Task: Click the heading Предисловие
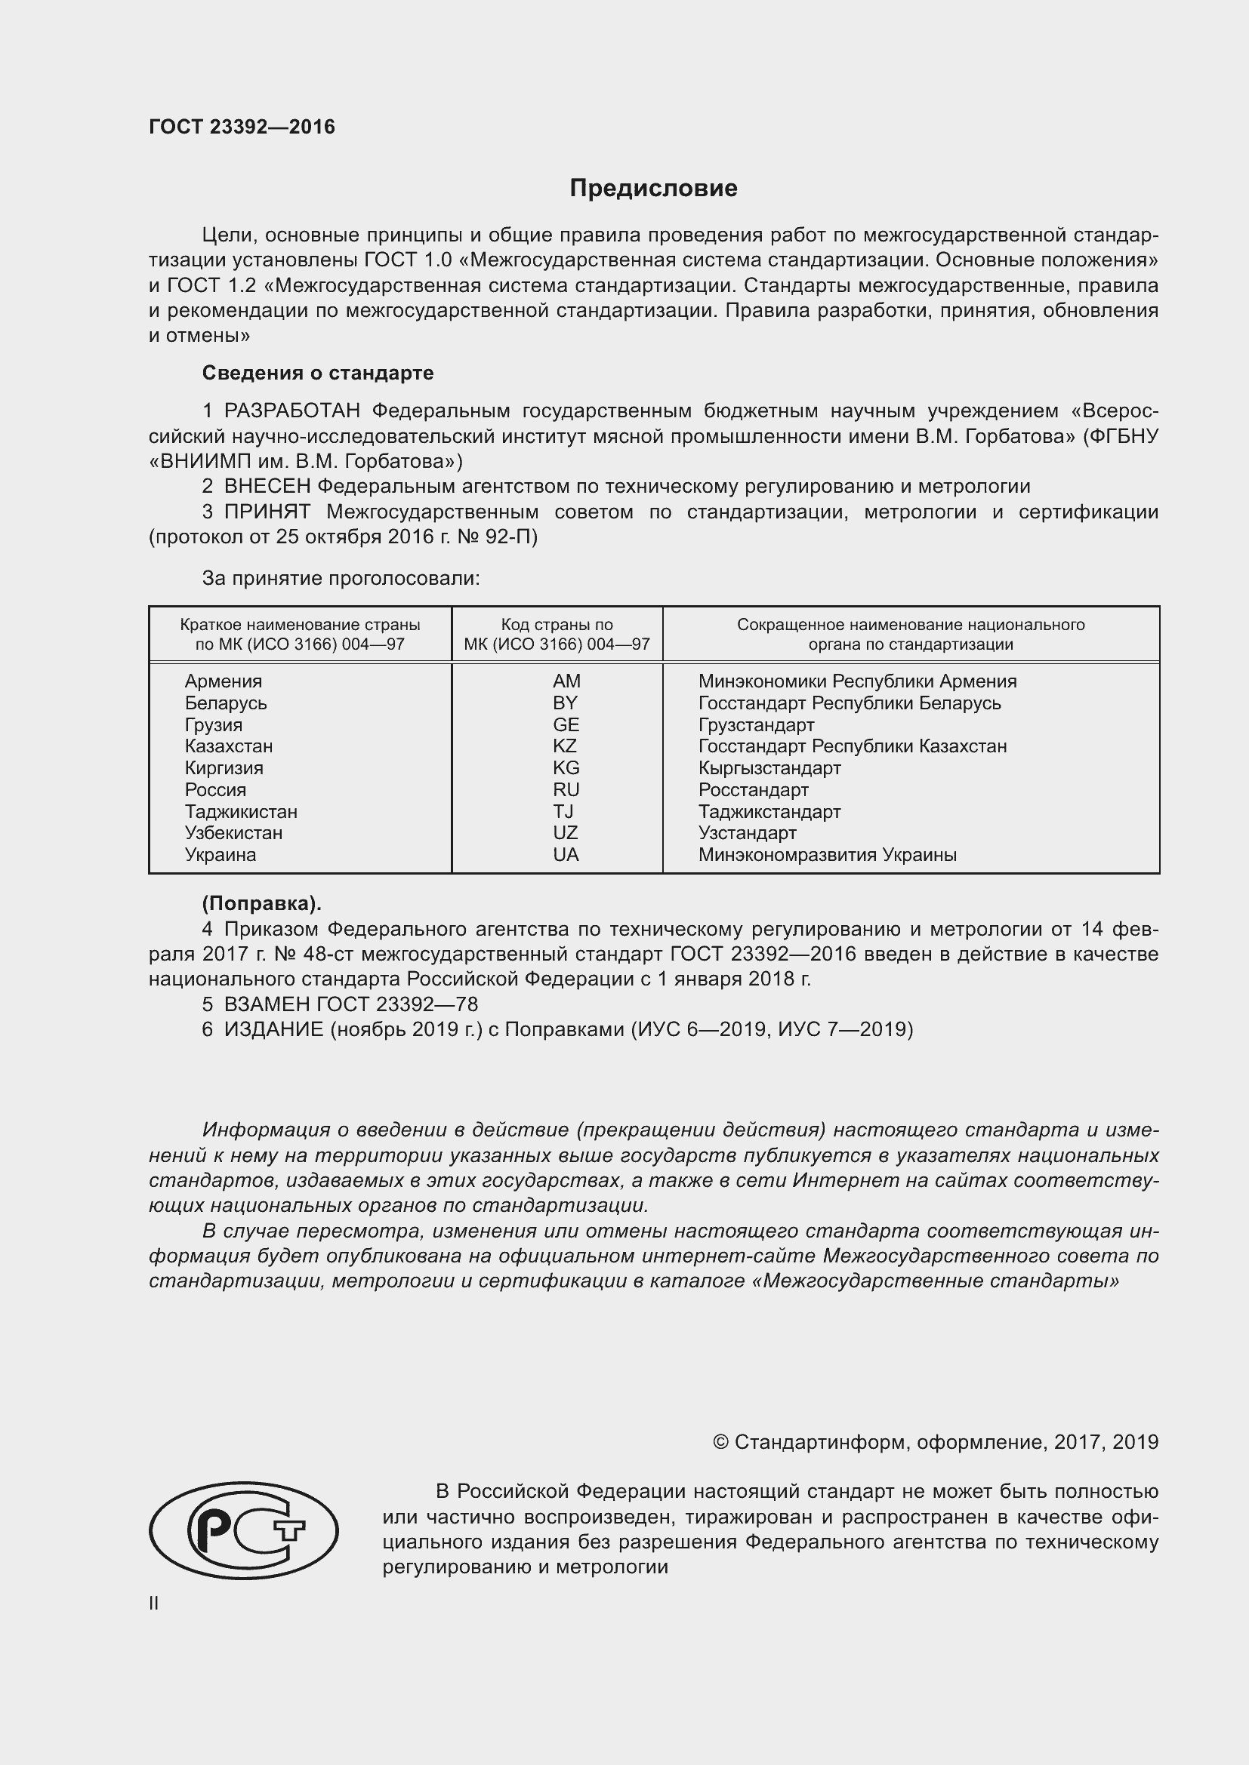click(x=653, y=188)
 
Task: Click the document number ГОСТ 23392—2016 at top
click(x=242, y=127)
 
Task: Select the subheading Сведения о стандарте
click(x=318, y=373)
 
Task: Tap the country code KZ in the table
click(x=565, y=746)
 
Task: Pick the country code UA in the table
click(x=566, y=854)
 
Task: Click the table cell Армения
click(x=223, y=681)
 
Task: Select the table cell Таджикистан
click(x=241, y=811)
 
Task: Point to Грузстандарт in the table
click(x=756, y=725)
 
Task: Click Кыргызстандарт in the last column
click(x=769, y=768)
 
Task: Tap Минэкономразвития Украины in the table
click(x=828, y=854)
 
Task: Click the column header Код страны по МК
click(x=557, y=634)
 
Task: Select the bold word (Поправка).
click(x=261, y=903)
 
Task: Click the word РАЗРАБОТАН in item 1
click(x=291, y=411)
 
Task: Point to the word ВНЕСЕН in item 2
click(x=267, y=486)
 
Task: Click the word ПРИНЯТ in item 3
click(x=267, y=511)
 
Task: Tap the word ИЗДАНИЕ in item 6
click(x=274, y=1029)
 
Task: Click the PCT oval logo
click(x=244, y=1530)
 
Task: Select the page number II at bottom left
click(x=154, y=1603)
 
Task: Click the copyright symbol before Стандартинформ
click(x=720, y=1442)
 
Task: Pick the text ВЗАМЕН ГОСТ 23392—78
click(x=350, y=1004)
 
